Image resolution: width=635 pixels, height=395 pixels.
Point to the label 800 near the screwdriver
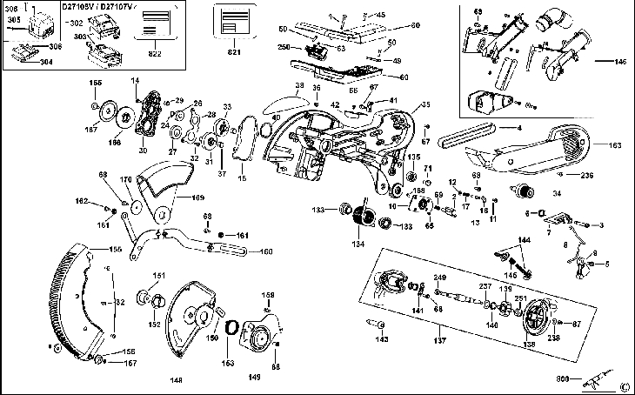(563, 378)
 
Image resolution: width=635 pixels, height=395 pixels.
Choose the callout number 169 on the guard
(198, 197)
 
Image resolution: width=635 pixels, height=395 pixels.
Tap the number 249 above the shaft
(440, 278)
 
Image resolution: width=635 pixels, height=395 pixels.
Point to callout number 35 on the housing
(426, 105)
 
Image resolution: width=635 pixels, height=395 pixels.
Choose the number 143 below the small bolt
(382, 340)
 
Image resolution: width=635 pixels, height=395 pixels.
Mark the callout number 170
(127, 181)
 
